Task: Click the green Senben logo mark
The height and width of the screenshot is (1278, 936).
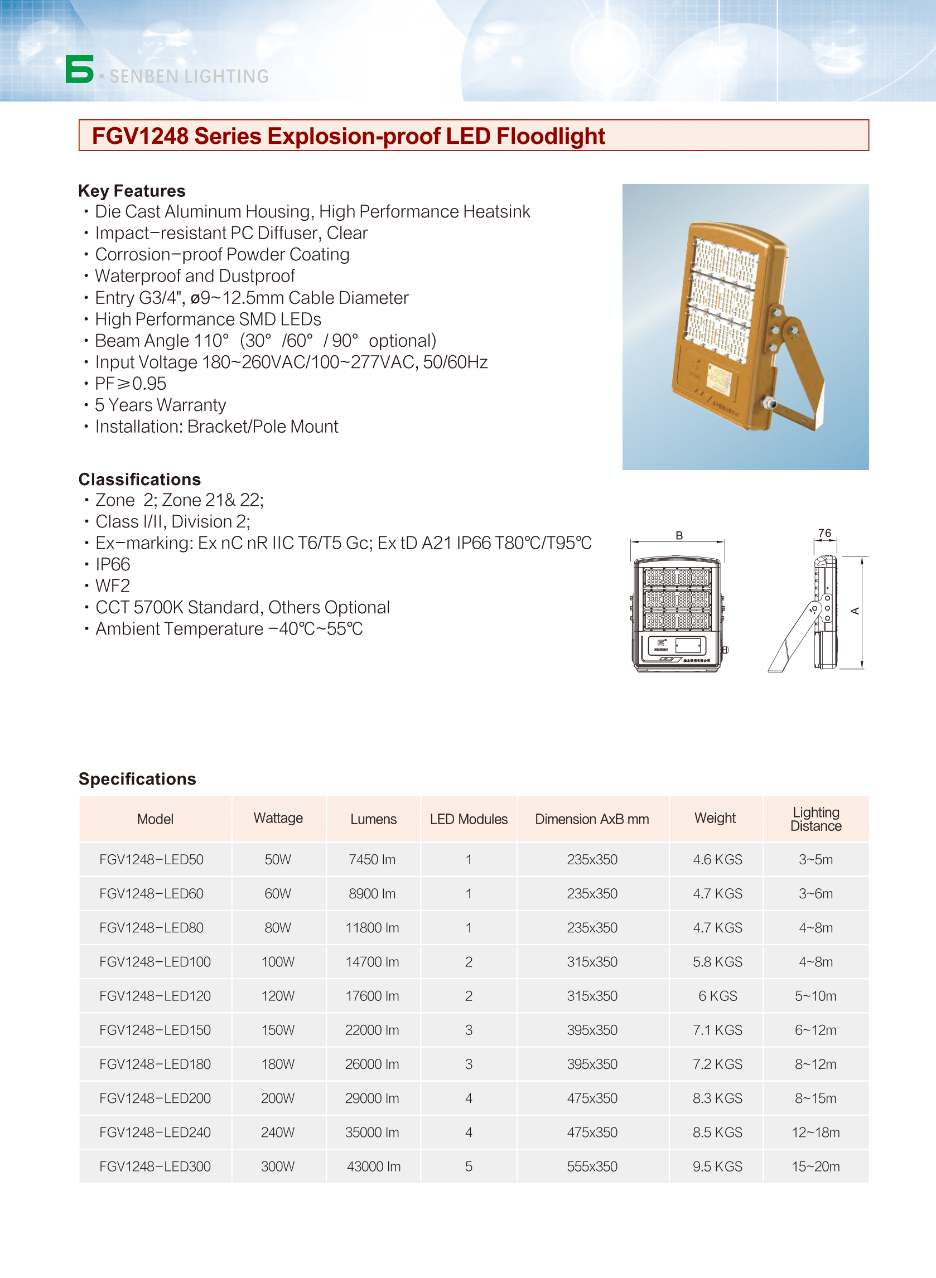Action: [x=79, y=69]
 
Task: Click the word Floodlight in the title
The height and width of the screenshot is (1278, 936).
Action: [x=550, y=137]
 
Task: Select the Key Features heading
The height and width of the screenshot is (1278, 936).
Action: [x=132, y=191]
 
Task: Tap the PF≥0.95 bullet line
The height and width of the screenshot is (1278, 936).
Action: [x=131, y=384]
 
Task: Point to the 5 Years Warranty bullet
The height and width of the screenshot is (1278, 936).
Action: [x=160, y=405]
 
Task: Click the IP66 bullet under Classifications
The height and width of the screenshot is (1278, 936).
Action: [x=113, y=564]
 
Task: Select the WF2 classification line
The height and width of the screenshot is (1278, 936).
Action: [x=113, y=586]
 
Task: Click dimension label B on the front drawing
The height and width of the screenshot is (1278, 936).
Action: [x=679, y=536]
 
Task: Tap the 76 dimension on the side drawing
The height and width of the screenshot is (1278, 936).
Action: [x=825, y=534]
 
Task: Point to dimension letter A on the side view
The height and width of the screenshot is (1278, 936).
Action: [x=855, y=611]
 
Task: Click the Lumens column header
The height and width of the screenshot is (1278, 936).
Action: [x=373, y=819]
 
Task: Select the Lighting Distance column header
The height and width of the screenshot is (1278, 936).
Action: [x=816, y=819]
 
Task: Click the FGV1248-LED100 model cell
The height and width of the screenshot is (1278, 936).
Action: [x=155, y=962]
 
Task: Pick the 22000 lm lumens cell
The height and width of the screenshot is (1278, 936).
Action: [x=372, y=1030]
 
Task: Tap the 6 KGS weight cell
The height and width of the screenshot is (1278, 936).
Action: [x=717, y=996]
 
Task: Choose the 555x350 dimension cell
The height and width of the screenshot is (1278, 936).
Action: [x=592, y=1166]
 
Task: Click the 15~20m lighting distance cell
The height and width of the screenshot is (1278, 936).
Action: [x=816, y=1166]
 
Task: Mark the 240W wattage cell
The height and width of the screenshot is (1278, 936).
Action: [x=278, y=1132]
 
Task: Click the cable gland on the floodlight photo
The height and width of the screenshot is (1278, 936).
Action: [x=769, y=404]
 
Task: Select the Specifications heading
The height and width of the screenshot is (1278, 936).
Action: [x=137, y=779]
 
